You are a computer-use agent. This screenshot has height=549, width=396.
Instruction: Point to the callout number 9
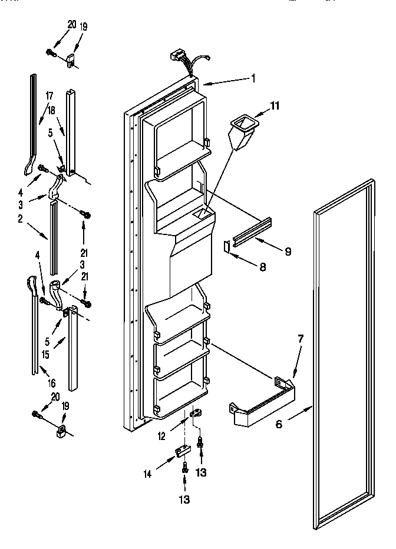[x=288, y=252]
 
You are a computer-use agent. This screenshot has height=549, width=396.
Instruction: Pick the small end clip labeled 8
[x=227, y=247]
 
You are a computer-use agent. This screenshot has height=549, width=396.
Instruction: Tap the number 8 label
[x=263, y=266]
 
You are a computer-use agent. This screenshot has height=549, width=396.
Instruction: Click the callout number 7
[x=301, y=339]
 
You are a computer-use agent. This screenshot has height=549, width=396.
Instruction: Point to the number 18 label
[x=52, y=109]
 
